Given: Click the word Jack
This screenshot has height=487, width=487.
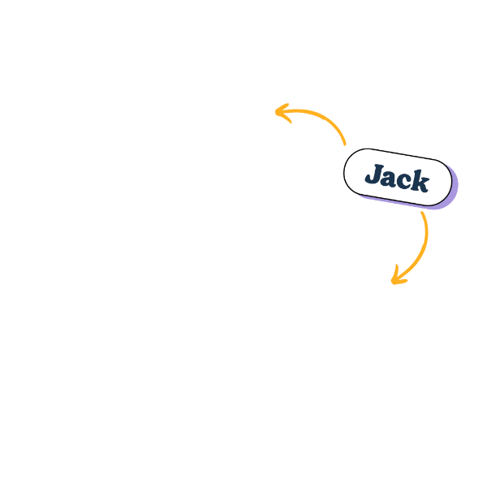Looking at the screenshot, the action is click(x=397, y=178).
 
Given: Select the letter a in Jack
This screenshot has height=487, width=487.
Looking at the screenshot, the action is click(x=390, y=178).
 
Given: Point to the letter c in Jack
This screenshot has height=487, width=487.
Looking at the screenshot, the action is click(x=404, y=181).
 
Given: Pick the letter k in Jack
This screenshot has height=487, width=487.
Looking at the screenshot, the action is click(x=420, y=181).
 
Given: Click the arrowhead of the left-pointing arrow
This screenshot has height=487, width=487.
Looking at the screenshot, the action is click(x=283, y=113).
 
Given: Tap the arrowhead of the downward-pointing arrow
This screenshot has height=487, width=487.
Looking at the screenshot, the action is click(x=399, y=276).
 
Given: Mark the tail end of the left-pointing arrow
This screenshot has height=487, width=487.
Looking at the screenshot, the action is click(x=345, y=144).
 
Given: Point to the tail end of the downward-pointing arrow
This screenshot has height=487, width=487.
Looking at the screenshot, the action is click(x=422, y=213).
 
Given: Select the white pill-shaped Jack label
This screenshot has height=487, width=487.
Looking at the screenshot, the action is click(x=398, y=177).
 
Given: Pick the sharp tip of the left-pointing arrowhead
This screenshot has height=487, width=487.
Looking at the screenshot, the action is click(x=276, y=112).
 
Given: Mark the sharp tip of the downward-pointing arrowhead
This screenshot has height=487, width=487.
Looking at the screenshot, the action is click(x=393, y=282).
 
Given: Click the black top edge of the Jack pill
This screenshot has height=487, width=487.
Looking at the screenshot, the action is click(x=403, y=155).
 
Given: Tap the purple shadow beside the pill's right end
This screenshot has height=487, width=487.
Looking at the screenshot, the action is click(x=455, y=188).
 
